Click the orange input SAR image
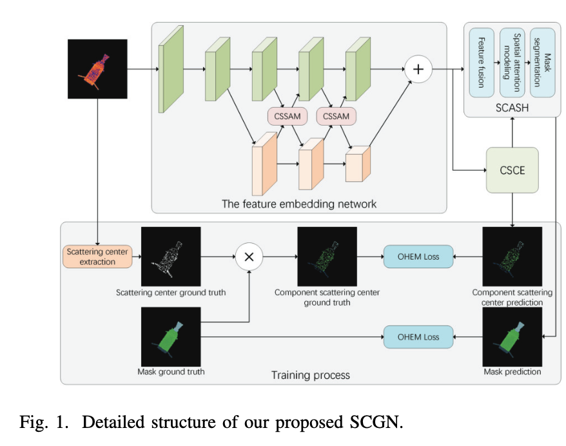pos(97,69)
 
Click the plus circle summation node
pos(418,70)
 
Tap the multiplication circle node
pos(249,257)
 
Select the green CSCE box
pos(512,170)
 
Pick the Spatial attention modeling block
pos(512,63)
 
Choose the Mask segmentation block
pos(542,63)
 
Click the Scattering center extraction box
pos(97,257)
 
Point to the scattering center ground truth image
pos(171,257)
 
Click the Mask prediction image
pos(512,336)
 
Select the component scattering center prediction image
pos(512,257)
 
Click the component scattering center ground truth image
pos(327,257)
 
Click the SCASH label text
pos(512,108)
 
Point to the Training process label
pos(310,374)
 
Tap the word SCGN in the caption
pos(375,422)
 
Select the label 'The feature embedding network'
pos(299,204)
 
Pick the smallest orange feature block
pos(358,164)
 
